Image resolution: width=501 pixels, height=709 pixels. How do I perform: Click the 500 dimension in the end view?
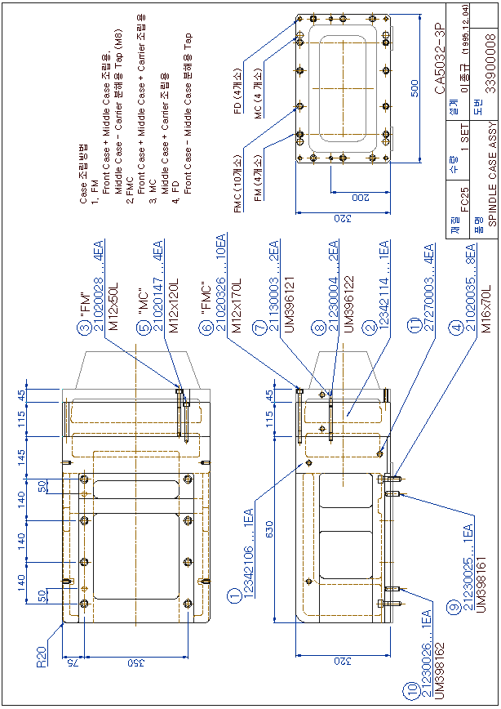(x=415, y=88)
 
